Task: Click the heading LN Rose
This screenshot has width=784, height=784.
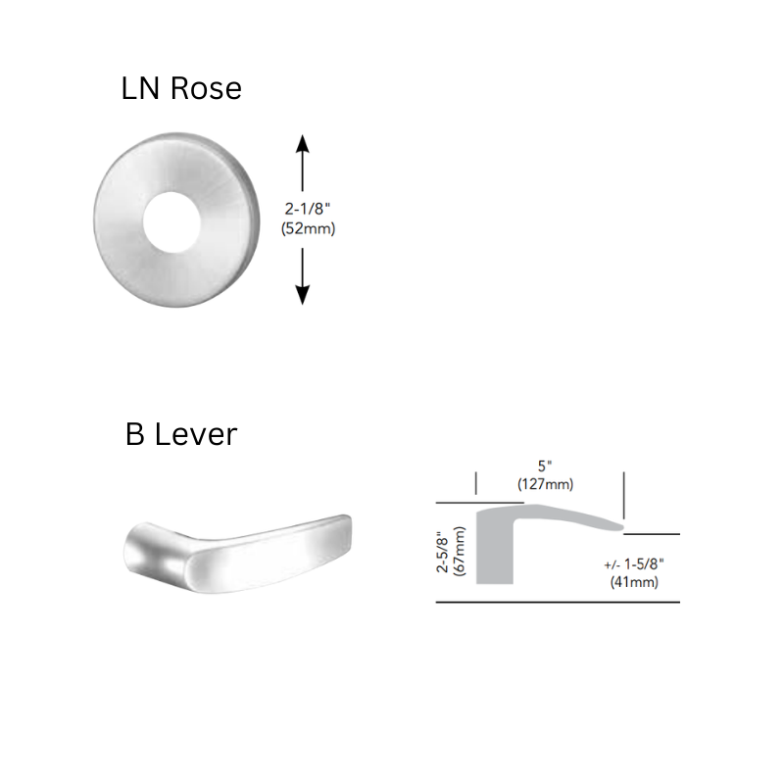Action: tap(181, 89)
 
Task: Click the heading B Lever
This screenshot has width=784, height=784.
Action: tap(181, 433)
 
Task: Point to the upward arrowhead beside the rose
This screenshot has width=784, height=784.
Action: tap(303, 144)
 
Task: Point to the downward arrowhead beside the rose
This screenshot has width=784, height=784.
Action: tap(303, 295)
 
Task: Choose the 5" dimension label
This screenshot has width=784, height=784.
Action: tap(545, 466)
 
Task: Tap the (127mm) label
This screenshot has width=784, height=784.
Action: tap(545, 483)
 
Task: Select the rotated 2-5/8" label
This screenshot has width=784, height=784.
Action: tap(444, 553)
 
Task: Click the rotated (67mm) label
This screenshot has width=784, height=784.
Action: tap(462, 553)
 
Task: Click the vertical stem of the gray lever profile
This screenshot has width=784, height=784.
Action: tap(494, 554)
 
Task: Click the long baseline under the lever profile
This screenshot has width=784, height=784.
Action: tap(559, 602)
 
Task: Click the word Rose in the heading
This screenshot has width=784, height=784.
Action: tap(206, 89)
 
